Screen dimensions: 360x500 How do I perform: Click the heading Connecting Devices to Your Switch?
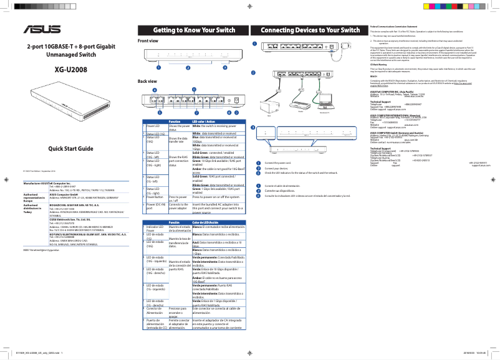click(x=310, y=30)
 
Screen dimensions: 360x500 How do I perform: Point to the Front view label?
click(x=148, y=41)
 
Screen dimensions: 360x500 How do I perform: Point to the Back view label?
click(x=147, y=82)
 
